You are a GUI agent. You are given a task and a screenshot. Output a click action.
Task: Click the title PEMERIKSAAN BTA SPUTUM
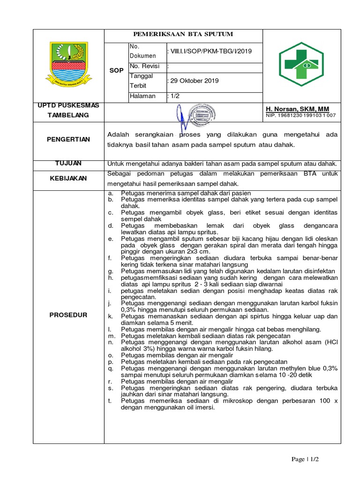point(183,35)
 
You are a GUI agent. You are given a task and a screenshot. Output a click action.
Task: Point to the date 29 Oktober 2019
point(194,81)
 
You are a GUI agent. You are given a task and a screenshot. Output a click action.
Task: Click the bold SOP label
point(116,70)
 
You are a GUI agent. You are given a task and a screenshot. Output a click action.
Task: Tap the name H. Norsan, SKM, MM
point(297,109)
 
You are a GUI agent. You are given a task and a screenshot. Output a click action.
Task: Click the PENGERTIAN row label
point(68,139)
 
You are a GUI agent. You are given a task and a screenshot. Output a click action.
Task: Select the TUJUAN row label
point(68,163)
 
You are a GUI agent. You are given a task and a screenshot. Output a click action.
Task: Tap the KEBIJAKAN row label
point(68,179)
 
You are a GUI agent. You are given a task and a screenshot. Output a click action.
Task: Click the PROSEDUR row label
point(68,315)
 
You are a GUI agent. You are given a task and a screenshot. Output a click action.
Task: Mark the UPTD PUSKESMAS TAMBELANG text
point(68,110)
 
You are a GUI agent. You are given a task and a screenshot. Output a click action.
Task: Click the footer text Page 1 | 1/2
point(305,459)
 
